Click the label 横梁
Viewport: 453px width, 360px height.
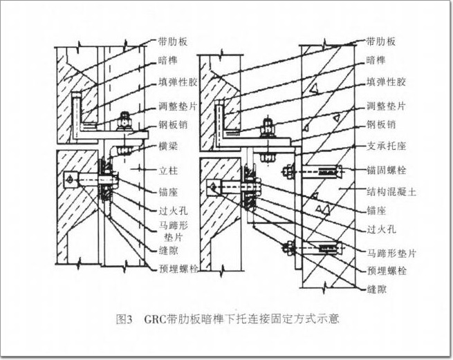169,146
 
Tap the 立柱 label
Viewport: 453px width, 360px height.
169,171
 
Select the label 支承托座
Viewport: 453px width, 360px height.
387,146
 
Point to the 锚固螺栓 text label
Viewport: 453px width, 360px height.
387,170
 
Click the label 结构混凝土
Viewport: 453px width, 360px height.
391,191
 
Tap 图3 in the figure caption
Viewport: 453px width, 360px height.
124,320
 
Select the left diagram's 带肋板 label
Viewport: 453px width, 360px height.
173,41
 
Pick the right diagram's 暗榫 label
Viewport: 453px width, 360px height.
376,60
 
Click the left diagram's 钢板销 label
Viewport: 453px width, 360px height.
173,124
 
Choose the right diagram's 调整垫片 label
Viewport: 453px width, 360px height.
387,106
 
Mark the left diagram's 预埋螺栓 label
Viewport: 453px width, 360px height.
178,269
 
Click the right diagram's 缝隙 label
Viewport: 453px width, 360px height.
376,289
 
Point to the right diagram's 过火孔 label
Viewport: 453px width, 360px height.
381,229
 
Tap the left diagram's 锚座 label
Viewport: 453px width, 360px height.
169,192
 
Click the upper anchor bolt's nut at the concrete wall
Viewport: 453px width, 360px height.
288,172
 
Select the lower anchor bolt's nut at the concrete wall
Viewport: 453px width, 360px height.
288,248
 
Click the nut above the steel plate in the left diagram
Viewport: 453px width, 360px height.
124,121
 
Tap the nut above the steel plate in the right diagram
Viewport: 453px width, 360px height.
268,126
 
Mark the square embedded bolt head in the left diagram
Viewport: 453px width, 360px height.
71,180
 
